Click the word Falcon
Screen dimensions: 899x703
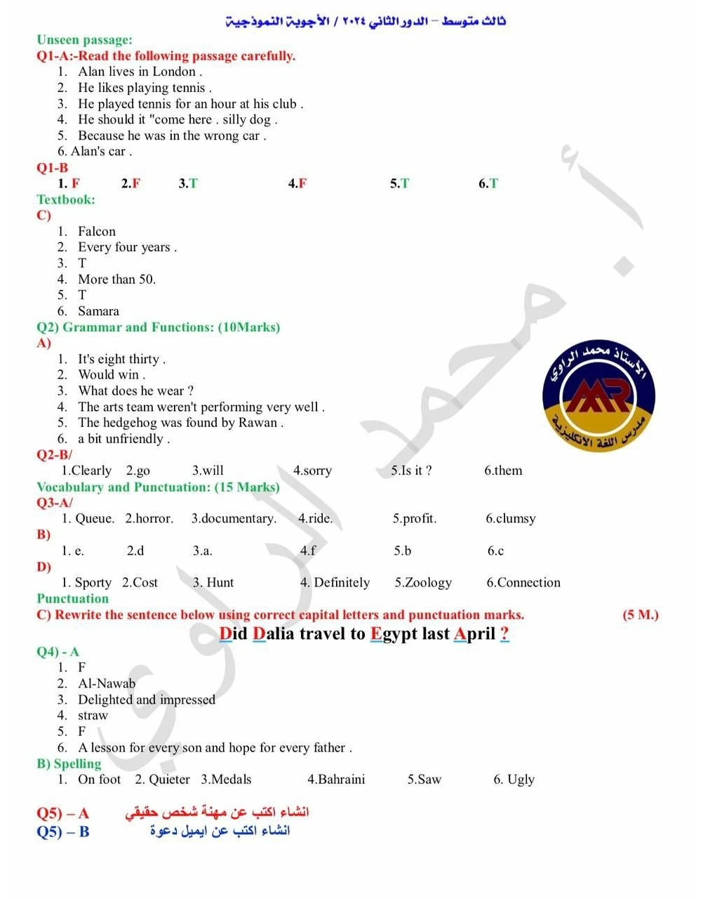97,231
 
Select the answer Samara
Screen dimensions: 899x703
98,310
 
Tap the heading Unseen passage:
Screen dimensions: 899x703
84,40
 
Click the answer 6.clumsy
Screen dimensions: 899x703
510,518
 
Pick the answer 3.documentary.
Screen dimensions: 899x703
234,518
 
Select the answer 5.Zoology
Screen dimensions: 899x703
422,582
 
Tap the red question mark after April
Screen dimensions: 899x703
504,634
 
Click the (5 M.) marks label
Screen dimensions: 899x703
641,615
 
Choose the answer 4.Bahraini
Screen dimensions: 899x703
336,779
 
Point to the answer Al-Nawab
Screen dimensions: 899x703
107,683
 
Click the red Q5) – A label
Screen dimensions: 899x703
62,813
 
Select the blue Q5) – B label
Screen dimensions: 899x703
62,832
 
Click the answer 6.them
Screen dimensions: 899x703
503,471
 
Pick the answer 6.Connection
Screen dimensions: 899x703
523,582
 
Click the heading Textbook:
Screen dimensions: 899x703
65,199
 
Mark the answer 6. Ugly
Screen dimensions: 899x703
514,779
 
